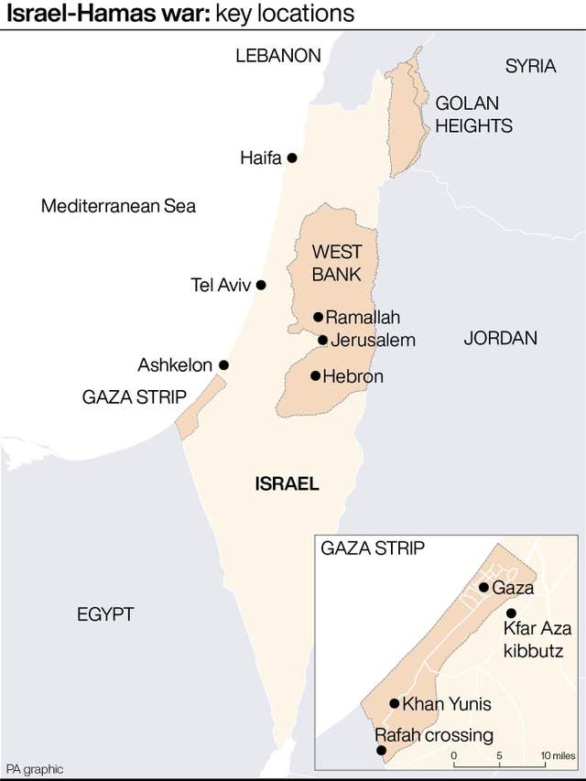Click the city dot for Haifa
(x=292, y=157)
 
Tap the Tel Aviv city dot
(x=261, y=285)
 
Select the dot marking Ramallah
(x=318, y=317)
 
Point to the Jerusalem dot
(x=322, y=340)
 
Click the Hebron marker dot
(x=315, y=375)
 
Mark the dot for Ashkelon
(x=223, y=364)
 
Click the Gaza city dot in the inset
(x=483, y=587)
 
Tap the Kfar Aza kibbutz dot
(x=511, y=613)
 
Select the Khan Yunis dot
(x=395, y=704)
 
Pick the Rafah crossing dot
(x=382, y=751)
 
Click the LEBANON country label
(x=278, y=56)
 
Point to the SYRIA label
(x=530, y=66)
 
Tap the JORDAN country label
(x=500, y=338)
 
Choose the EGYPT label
(x=105, y=613)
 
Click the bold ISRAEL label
(x=287, y=484)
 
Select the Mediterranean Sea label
(x=118, y=206)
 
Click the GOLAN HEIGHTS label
(x=473, y=114)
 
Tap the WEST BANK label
(x=336, y=263)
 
